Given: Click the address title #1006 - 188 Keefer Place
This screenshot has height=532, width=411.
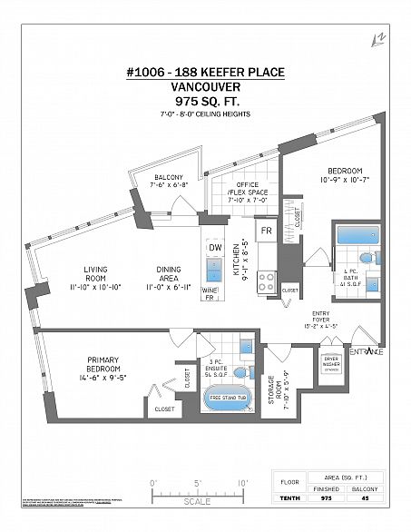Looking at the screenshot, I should [205, 74].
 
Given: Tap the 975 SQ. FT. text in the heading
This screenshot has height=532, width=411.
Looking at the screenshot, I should [205, 102].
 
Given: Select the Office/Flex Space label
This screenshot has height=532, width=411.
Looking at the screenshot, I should [241, 191].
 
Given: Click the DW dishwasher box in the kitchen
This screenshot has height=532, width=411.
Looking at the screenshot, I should [215, 248].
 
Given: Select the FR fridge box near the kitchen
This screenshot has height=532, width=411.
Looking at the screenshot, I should [267, 231].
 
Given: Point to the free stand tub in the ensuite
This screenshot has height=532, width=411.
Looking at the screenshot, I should [228, 398].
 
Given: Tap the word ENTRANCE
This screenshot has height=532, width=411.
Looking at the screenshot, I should [366, 351].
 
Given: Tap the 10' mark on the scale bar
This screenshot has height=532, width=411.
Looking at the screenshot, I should [241, 482].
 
